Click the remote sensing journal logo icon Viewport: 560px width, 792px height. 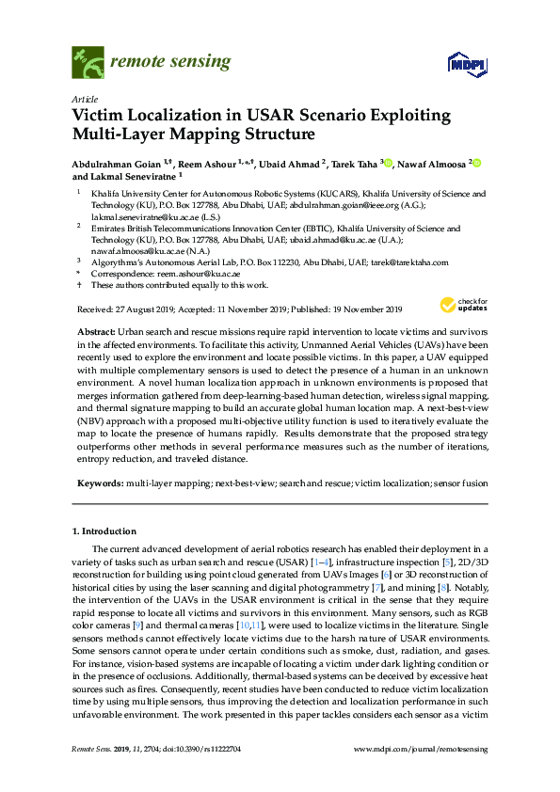click(x=88, y=64)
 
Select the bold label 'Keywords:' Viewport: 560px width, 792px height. click(x=98, y=482)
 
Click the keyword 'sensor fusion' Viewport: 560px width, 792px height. click(x=462, y=482)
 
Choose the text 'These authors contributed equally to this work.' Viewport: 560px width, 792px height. click(x=179, y=285)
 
